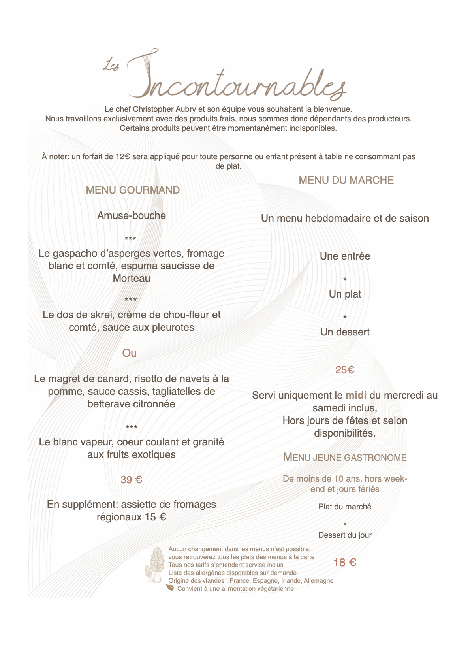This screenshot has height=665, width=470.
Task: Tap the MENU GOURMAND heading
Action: pyautogui.click(x=133, y=190)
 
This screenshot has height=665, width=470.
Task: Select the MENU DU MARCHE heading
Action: pyautogui.click(x=346, y=180)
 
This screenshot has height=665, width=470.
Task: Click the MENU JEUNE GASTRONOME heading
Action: pyautogui.click(x=345, y=457)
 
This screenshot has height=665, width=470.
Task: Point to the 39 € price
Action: pyautogui.click(x=131, y=480)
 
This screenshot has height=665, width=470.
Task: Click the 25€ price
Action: pyautogui.click(x=345, y=370)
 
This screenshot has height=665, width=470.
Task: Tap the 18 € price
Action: pyautogui.click(x=345, y=562)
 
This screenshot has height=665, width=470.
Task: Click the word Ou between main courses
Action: pyautogui.click(x=130, y=353)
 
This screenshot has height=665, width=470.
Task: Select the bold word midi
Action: pyautogui.click(x=356, y=395)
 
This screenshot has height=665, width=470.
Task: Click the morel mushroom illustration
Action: pyautogui.click(x=155, y=565)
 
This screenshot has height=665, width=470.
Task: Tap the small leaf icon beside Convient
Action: pyautogui.click(x=170, y=588)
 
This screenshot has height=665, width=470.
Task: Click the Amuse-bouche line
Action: pyautogui.click(x=132, y=215)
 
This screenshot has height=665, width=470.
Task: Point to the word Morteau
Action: pyautogui.click(x=132, y=278)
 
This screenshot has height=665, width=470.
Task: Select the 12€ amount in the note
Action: pyautogui.click(x=122, y=156)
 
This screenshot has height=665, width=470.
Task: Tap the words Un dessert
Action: pyautogui.click(x=345, y=332)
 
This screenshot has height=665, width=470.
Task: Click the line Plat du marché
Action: pyautogui.click(x=345, y=507)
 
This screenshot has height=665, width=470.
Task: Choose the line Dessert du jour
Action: pyautogui.click(x=345, y=535)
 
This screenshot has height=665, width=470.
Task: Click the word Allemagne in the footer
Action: pyautogui.click(x=318, y=580)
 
